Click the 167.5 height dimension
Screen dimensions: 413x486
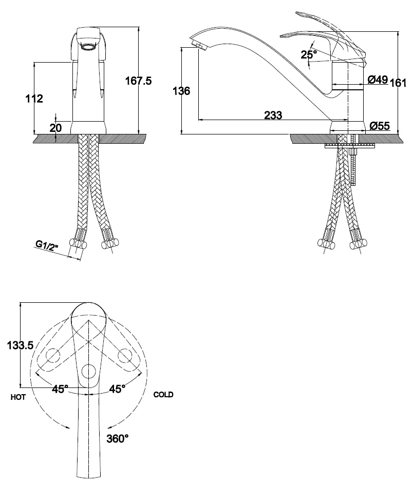[x=138, y=81]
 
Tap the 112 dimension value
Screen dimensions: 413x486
[x=34, y=99]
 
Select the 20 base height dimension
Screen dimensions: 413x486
[x=56, y=128]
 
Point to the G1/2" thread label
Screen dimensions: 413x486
[x=47, y=245]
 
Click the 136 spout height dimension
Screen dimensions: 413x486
[x=181, y=91]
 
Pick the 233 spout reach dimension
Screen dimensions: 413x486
[x=273, y=115]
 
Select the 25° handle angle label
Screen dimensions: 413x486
[x=309, y=54]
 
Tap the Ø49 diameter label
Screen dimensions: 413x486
[x=378, y=80]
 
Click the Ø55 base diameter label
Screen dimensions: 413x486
[x=380, y=126]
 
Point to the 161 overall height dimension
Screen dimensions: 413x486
[x=398, y=83]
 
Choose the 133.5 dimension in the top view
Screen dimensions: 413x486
[x=21, y=345]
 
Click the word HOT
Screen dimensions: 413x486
[x=18, y=397]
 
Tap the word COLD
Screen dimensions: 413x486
[x=163, y=395]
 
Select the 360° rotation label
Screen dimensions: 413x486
[x=118, y=439]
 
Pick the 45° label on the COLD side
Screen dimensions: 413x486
[x=117, y=388]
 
